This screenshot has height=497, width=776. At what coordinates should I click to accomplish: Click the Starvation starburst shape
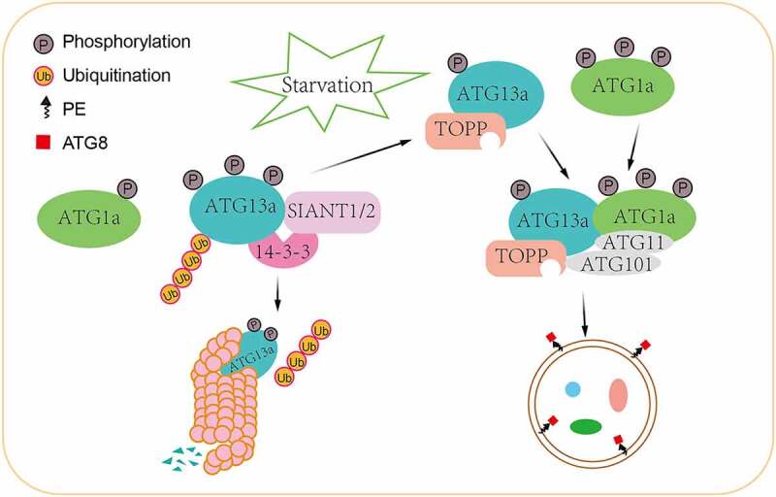point(328,84)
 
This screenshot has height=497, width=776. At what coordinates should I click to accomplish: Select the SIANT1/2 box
point(333,213)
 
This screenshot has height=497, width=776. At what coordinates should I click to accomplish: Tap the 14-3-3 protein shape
point(283,251)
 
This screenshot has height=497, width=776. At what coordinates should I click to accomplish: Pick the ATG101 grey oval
point(615,263)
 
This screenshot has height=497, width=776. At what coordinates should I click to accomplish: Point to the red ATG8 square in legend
point(43,143)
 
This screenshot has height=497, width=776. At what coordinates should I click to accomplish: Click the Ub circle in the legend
point(44,76)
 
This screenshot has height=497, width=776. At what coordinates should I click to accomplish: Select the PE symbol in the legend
point(47,107)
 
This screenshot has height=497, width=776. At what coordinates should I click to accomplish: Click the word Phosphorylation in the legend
point(126,42)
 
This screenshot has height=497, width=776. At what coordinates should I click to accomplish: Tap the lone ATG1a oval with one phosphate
point(89,218)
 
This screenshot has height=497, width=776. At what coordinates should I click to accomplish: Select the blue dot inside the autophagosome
point(572,389)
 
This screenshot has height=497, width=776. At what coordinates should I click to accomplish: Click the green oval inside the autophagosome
point(586,427)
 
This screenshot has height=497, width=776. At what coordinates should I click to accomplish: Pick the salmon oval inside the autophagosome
point(618,395)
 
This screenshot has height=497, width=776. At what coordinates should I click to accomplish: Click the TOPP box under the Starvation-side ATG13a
point(466,131)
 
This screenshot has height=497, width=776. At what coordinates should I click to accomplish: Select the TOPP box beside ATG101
point(526,258)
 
